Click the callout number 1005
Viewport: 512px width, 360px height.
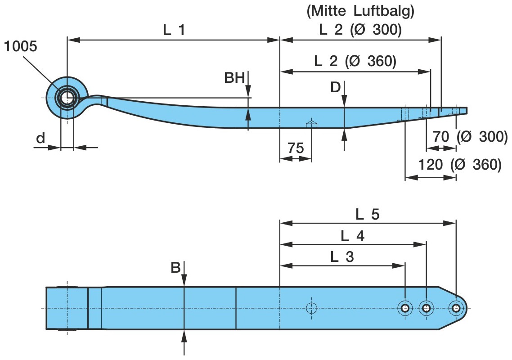click(x=21, y=46)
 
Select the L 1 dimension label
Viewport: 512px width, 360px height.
click(x=174, y=30)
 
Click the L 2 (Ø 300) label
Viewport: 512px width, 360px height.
click(x=360, y=30)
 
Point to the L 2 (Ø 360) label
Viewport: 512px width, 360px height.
click(x=355, y=61)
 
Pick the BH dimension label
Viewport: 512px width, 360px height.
click(x=234, y=78)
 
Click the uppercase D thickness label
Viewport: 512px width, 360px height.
click(x=335, y=87)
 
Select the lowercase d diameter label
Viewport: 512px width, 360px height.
click(x=40, y=138)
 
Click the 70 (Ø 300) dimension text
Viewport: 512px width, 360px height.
click(x=470, y=136)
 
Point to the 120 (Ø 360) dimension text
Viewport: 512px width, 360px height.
click(x=459, y=165)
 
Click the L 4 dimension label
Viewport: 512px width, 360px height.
click(x=352, y=235)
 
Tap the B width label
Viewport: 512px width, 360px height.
click(x=175, y=268)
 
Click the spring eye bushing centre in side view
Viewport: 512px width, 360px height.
click(x=67, y=98)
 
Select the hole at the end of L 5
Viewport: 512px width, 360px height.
click(x=456, y=308)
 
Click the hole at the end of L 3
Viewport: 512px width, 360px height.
click(x=405, y=308)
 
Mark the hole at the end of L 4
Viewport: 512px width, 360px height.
click(x=426, y=308)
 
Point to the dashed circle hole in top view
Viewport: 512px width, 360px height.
click(x=311, y=308)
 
